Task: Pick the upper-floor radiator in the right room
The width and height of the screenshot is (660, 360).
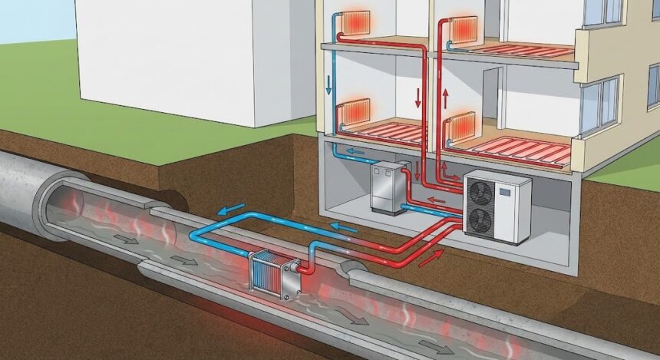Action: [x=464, y=31]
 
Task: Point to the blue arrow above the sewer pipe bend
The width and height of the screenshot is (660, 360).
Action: [x=233, y=210]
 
